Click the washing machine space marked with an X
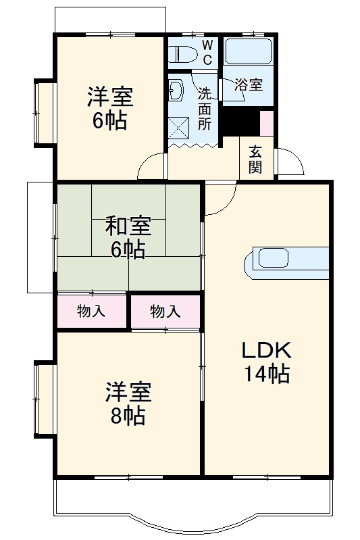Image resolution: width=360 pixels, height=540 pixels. pyautogui.click(x=180, y=126)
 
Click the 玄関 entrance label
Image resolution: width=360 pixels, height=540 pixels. pyautogui.click(x=255, y=159)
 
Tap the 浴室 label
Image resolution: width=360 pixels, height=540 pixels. pyautogui.click(x=249, y=85)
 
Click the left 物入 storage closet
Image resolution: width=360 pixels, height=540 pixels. pyautogui.click(x=91, y=312)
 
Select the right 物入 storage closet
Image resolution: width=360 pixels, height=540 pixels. pyautogui.click(x=165, y=312)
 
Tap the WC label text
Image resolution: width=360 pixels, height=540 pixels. pyautogui.click(x=207, y=52)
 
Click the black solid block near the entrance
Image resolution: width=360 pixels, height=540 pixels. pyautogui.click(x=240, y=121)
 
